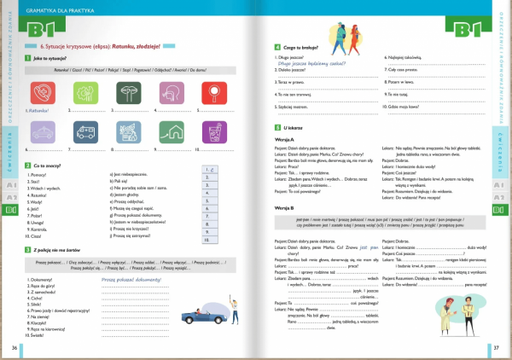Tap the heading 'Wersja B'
[x=285, y=207]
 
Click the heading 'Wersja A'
[x=285, y=139]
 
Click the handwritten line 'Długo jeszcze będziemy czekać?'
[x=310, y=62]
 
